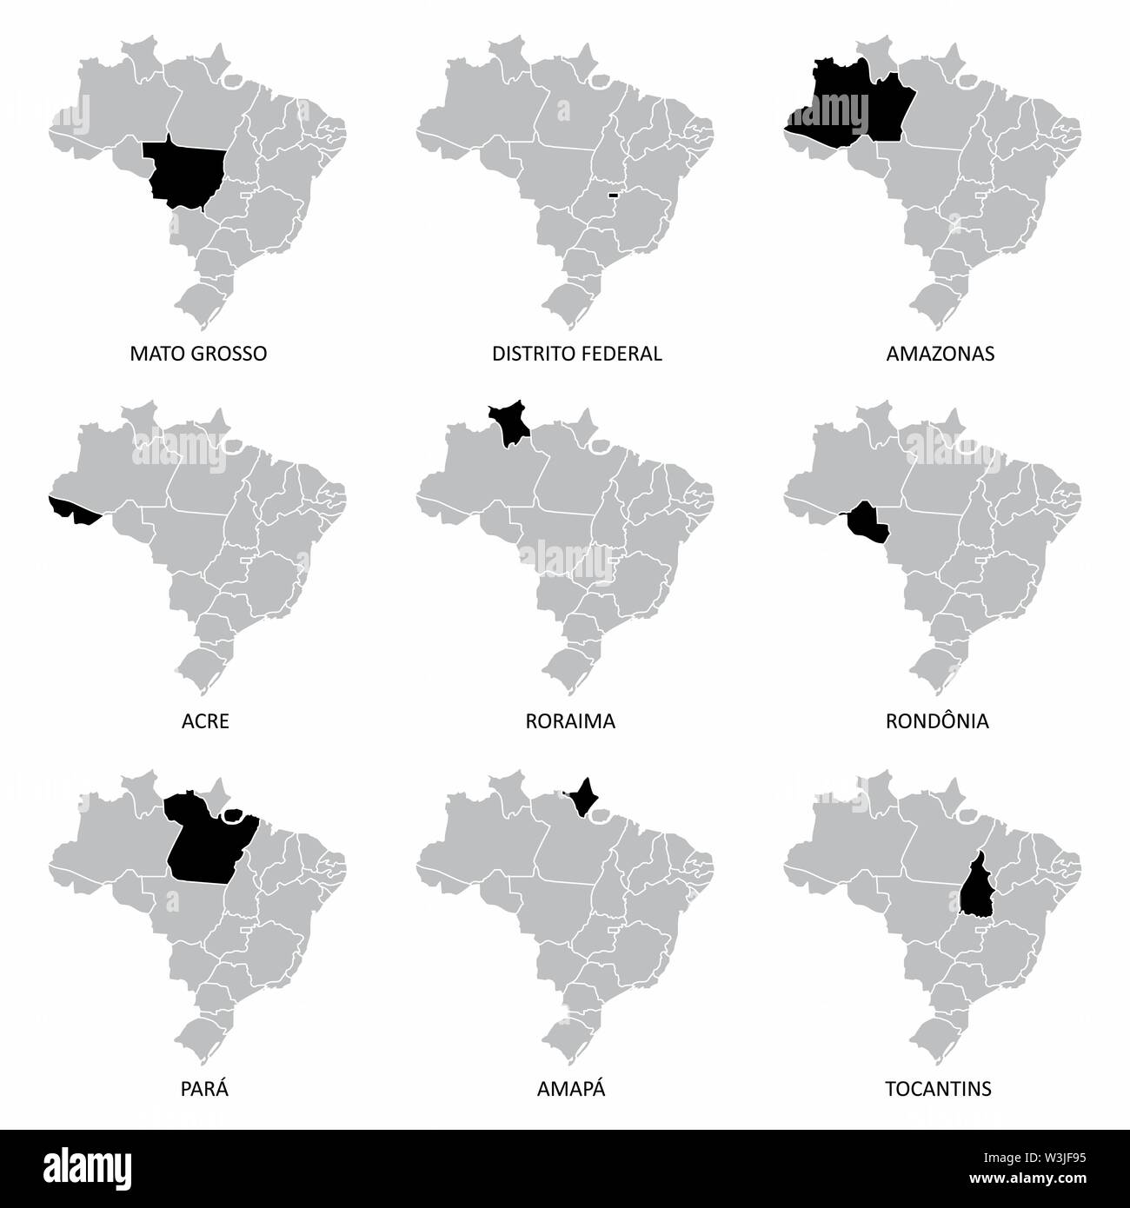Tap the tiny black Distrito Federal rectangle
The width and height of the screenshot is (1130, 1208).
[613, 195]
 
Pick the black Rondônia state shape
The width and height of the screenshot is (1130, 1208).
[867, 521]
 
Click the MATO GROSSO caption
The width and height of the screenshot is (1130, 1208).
[198, 354]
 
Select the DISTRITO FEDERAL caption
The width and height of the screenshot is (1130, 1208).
[577, 354]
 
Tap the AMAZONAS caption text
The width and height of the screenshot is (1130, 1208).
[941, 354]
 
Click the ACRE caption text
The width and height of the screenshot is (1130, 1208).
[207, 721]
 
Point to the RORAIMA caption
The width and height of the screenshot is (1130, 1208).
[570, 721]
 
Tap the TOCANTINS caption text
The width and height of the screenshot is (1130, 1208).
[940, 1089]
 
